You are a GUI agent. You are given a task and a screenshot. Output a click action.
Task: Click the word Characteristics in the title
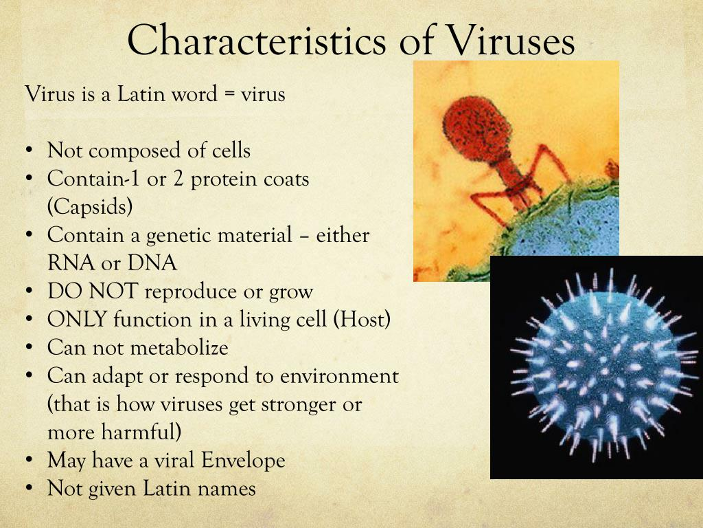pyautogui.click(x=257, y=39)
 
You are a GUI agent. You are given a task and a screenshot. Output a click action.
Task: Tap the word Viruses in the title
pyautogui.click(x=511, y=39)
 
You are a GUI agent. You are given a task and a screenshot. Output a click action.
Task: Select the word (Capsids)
pyautogui.click(x=90, y=206)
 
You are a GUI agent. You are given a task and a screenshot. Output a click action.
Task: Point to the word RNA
pyautogui.click(x=71, y=263)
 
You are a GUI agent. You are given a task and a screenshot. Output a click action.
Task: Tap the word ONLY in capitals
pyautogui.click(x=77, y=319)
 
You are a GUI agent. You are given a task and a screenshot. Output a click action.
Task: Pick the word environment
pyautogui.click(x=339, y=376)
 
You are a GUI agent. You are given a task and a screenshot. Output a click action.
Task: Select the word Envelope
pyautogui.click(x=243, y=461)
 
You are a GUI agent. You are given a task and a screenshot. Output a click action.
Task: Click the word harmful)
pyautogui.click(x=141, y=432)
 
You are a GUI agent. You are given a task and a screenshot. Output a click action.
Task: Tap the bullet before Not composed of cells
pyautogui.click(x=30, y=151)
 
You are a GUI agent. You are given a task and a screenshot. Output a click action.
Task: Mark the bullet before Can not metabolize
pyautogui.click(x=30, y=347)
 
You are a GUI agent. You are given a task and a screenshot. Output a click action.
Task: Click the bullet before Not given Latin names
pyautogui.click(x=30, y=489)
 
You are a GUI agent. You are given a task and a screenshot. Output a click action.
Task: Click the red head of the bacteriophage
pyautogui.click(x=476, y=129)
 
